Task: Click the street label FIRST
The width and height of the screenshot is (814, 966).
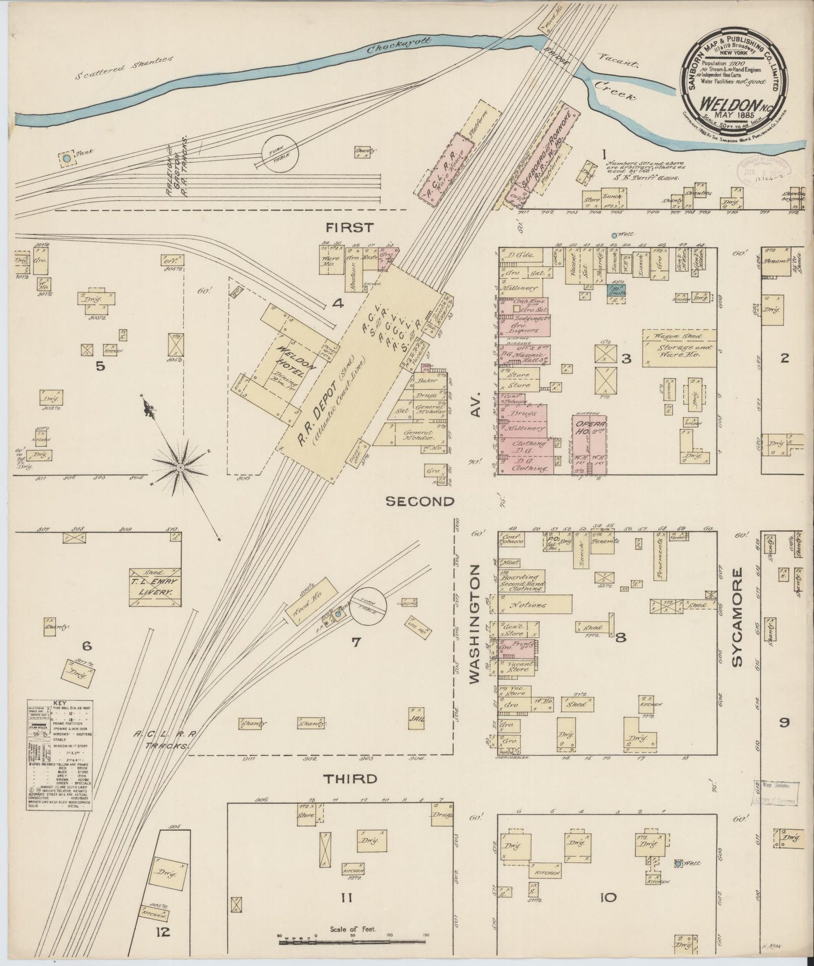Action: (x=349, y=228)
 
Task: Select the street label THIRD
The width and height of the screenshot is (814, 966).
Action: (x=349, y=778)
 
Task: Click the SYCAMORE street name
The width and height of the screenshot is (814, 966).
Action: (x=738, y=617)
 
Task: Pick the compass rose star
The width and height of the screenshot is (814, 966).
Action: (x=180, y=467)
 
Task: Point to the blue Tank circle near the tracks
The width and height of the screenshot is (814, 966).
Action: (x=67, y=159)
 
